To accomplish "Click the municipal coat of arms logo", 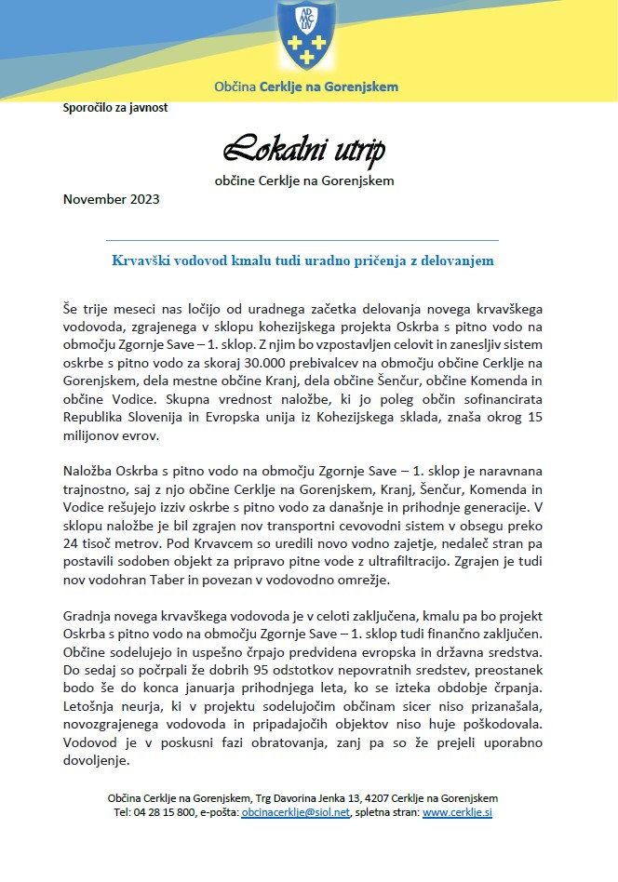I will coord(308,34).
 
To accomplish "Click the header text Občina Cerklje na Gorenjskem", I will coord(307,87).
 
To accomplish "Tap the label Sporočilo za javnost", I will coord(115,107).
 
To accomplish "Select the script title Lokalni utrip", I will coord(304,150).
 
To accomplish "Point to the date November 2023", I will coord(111,199).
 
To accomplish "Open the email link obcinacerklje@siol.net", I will coord(295,812).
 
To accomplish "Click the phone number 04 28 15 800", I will coord(164,812).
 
